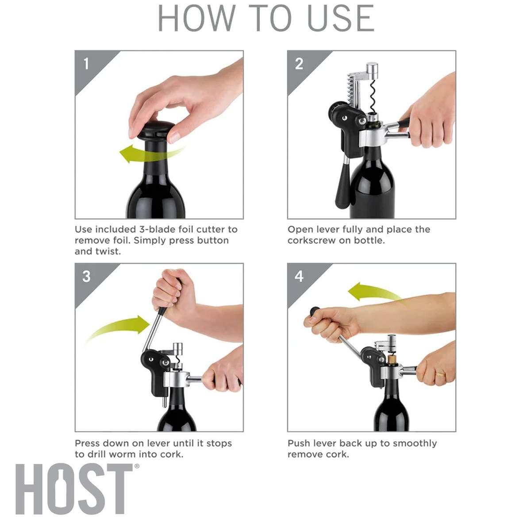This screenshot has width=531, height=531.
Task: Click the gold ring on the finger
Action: pyautogui.click(x=439, y=374)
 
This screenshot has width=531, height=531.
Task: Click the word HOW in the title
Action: pyautogui.click(x=197, y=18)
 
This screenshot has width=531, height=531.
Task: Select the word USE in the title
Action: pyautogui.click(x=341, y=18)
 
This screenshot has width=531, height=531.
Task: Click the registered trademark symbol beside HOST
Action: pyautogui.click(x=136, y=466)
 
